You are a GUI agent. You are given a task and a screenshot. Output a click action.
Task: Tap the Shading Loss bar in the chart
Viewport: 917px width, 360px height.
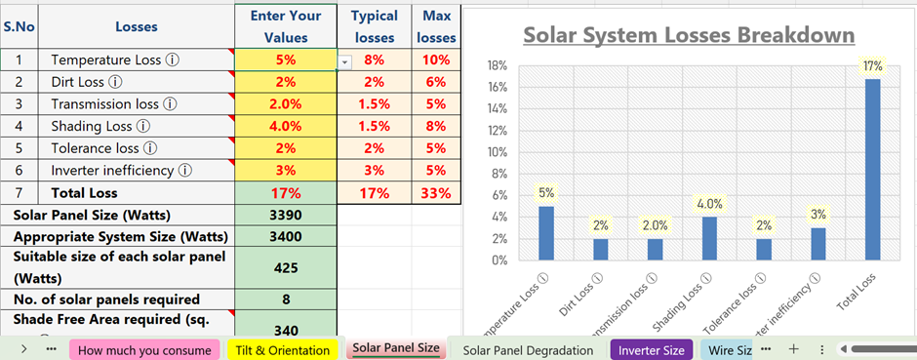[x=709, y=238]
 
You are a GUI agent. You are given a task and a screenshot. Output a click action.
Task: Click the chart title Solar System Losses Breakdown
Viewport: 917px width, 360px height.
[x=689, y=35]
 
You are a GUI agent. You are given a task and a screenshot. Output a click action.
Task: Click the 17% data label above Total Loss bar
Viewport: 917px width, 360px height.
[x=872, y=66]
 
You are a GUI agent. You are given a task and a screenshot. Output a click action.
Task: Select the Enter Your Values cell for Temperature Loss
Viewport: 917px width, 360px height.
[x=285, y=60]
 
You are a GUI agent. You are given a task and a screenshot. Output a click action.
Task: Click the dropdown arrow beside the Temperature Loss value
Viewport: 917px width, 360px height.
[x=344, y=61]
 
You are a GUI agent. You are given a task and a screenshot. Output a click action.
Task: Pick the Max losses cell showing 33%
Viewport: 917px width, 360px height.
[x=435, y=193]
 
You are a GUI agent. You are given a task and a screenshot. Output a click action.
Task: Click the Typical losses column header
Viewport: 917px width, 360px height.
[x=374, y=27]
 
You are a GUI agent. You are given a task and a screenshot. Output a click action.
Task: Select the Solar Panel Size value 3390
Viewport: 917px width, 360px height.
[x=286, y=215]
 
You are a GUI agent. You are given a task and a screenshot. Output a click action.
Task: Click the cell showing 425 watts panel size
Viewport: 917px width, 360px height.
[x=286, y=267]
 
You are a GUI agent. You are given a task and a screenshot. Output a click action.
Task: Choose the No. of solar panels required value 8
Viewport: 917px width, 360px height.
[x=286, y=300]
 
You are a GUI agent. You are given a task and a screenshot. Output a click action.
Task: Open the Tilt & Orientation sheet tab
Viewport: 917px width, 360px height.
[x=282, y=349]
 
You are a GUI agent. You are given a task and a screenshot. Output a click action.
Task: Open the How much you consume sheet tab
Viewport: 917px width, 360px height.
[x=144, y=349]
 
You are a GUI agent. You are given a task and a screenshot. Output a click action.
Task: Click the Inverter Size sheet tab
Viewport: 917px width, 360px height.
[x=651, y=349]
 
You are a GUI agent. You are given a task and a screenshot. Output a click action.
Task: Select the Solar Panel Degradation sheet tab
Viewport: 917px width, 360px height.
[x=528, y=349]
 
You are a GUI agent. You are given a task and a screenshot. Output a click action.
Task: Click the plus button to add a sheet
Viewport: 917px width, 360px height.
[x=793, y=348]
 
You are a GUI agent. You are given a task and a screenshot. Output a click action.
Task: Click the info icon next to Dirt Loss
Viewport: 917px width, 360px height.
[x=115, y=82]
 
